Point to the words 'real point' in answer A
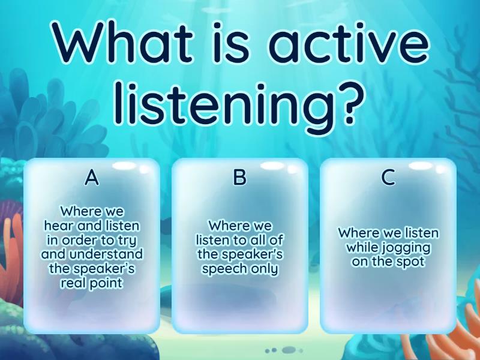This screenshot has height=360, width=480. pyautogui.click(x=91, y=283)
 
